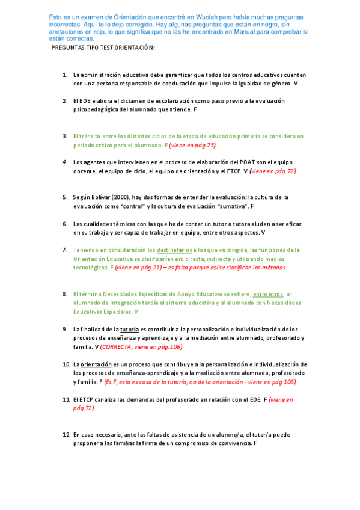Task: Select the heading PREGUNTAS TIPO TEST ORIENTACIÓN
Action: point(103,47)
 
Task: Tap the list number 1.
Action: point(64,75)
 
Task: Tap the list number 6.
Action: point(64,224)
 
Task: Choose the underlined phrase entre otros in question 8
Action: point(268,294)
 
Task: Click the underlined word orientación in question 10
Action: point(95,364)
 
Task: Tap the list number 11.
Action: point(66,399)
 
